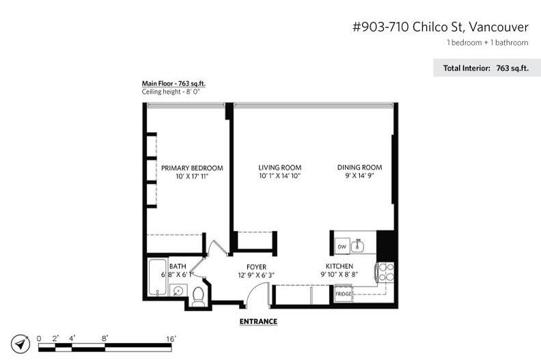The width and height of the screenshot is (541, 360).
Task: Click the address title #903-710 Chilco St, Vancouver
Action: (440, 27)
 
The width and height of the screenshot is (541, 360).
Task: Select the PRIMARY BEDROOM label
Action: (192, 167)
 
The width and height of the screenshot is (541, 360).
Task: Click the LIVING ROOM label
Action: (279, 167)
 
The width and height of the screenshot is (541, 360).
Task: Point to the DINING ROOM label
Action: (359, 167)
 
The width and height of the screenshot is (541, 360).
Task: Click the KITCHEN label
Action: (339, 266)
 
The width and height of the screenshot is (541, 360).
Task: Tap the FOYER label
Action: (256, 266)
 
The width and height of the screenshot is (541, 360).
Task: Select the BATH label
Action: (178, 266)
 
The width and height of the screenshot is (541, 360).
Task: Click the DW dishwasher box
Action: (342, 246)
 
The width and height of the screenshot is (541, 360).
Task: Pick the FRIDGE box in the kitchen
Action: (343, 294)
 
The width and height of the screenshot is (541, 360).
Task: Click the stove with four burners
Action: (385, 273)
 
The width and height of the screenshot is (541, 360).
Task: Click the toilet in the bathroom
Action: (198, 296)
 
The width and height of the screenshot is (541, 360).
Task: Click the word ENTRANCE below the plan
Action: (258, 321)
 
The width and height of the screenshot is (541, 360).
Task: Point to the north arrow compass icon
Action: (22, 344)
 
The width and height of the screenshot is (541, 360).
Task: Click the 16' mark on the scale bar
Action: (171, 338)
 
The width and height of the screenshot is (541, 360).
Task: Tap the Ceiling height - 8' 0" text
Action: (171, 92)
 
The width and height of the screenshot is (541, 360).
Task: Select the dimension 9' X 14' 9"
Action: (359, 176)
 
